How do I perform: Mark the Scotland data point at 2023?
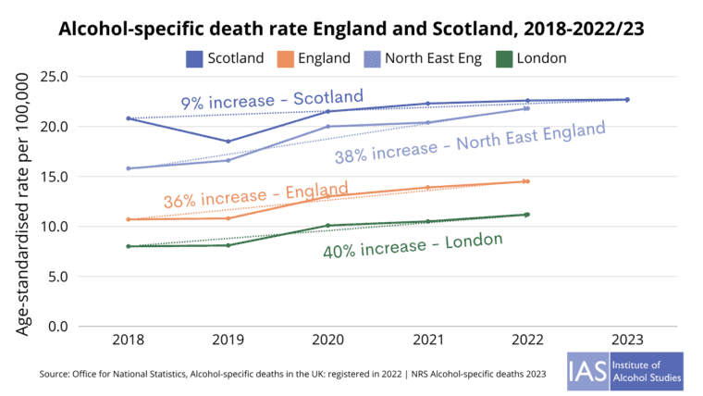pyautogui.click(x=626, y=100)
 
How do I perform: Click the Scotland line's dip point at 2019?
pyautogui.click(x=228, y=142)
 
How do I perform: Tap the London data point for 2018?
pyautogui.click(x=129, y=246)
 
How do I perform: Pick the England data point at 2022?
pyautogui.click(x=526, y=181)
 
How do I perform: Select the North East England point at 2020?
pyautogui.click(x=327, y=126)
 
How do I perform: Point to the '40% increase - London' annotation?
pyautogui.click(x=413, y=245)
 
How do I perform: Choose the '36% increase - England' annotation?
pyautogui.click(x=255, y=195)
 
